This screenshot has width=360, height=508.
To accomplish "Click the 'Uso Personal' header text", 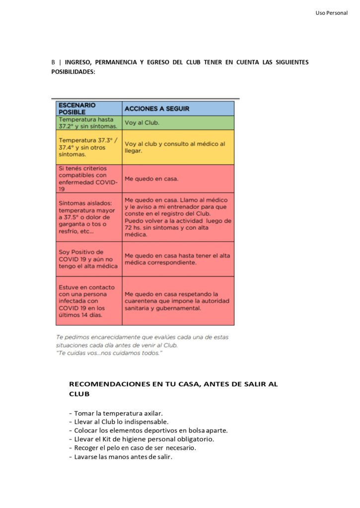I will coord(331,12).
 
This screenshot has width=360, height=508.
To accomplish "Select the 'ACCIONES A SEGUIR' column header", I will coord(156,109).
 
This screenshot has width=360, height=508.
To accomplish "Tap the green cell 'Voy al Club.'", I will coord(178,123).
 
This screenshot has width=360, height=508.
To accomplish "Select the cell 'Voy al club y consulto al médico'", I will coord(178,147).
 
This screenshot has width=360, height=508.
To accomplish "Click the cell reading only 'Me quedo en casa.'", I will coord(178,179).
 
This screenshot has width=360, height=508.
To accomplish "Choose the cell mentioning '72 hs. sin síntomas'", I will coord(178,217).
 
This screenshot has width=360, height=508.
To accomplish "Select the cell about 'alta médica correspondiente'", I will coord(178,259).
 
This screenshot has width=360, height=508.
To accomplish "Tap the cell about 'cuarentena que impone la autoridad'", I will coord(178,301).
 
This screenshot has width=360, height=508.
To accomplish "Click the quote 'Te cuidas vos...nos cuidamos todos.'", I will coord(109,353).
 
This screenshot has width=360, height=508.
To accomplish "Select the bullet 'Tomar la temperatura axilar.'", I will coord(118,413).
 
